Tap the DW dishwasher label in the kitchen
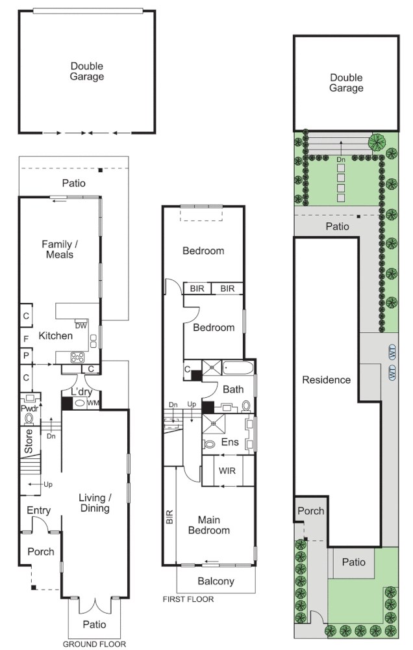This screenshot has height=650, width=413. tap(81, 326)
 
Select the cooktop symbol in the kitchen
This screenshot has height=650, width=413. tap(78, 356)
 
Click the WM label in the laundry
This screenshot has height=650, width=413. tap(93, 404)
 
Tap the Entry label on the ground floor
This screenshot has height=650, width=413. tap(39, 512)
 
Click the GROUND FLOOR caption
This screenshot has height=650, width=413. tap(94, 644)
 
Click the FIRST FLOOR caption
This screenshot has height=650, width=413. tap(188, 599)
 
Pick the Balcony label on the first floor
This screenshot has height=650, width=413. tap(216, 581)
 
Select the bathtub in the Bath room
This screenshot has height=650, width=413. tap(238, 369)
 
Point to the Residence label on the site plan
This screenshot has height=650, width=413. tap(326, 380)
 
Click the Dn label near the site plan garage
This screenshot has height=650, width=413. tap(341, 159)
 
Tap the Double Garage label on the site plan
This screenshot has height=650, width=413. tap(345, 83)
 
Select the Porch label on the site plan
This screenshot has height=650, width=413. tap(310, 511)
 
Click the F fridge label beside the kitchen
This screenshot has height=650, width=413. tap(26, 338)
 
